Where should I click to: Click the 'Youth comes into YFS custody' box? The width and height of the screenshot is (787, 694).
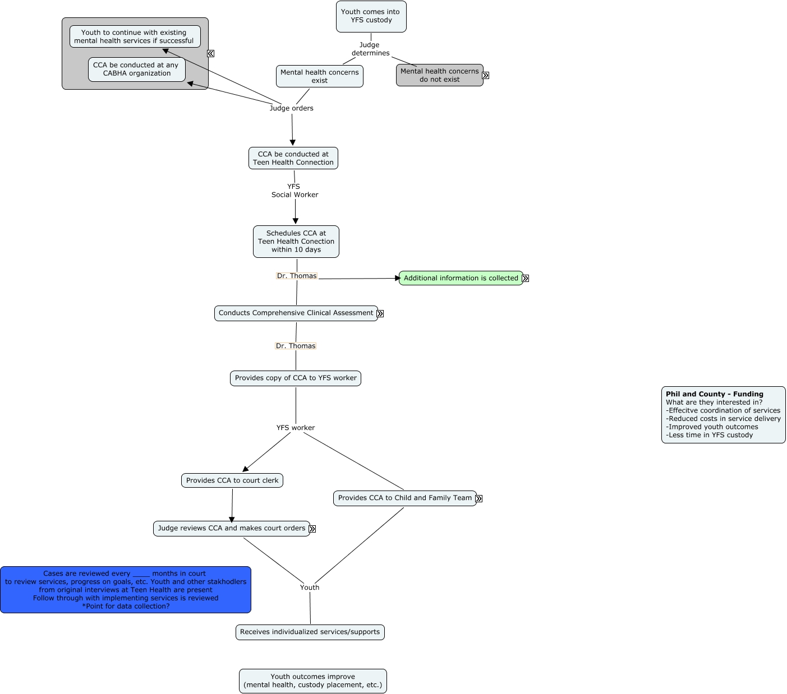coord(371,16)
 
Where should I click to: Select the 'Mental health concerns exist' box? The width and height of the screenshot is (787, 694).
coord(319,76)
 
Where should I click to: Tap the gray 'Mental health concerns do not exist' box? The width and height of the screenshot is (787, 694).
coord(439,75)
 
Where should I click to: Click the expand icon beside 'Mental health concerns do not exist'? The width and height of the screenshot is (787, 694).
coord(486,76)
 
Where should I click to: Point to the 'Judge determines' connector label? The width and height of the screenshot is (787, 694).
coord(370,49)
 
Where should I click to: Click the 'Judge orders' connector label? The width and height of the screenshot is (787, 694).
coord(291,108)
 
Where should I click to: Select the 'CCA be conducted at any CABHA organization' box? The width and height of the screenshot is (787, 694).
coord(136,70)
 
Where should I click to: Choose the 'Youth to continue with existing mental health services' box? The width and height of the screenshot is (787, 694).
coord(135,36)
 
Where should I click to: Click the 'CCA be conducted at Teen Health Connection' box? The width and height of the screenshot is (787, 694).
coord(293,158)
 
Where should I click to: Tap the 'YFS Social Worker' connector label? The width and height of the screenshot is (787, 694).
coord(294,191)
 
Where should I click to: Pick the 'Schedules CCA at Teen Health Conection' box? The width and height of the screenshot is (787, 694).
coord(296,242)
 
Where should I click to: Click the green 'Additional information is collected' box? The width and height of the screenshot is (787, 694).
coord(461,278)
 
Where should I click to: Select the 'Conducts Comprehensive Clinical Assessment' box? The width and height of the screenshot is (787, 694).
coord(296,313)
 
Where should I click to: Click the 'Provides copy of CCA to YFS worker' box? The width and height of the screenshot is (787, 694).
coord(295,378)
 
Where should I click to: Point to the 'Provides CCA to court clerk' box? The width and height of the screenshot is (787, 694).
coord(232,480)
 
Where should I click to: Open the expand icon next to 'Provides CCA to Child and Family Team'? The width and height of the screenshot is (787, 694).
coord(479,498)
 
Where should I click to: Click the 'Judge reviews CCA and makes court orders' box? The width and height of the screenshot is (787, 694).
coord(231,529)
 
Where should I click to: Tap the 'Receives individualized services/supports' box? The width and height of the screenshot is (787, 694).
coord(310,632)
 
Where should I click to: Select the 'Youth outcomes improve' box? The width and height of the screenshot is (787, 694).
coord(312,681)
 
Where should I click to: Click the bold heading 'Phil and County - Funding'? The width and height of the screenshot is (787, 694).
coord(714,394)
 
